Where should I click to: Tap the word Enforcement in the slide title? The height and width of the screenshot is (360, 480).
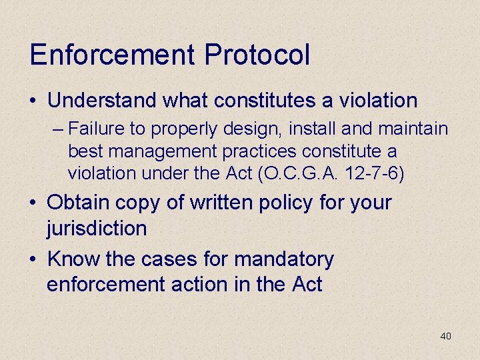tap(113, 54)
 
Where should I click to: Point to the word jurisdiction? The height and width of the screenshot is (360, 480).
tap(97, 228)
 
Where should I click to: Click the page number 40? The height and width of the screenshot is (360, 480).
tap(445, 336)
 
